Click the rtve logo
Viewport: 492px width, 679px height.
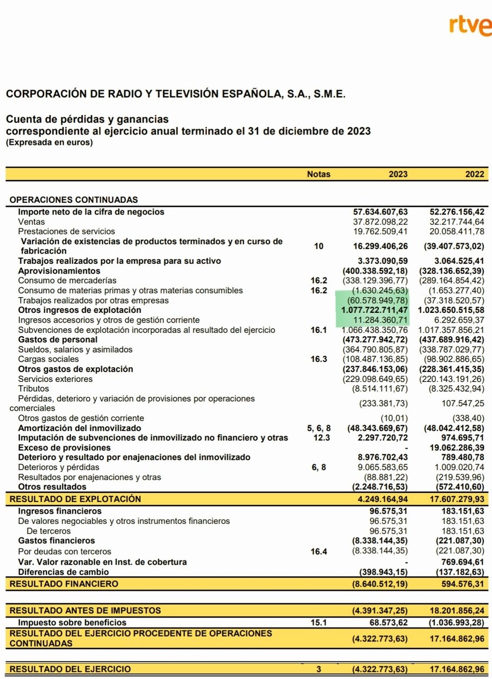(x=469, y=26)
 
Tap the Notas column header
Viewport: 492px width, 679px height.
(x=318, y=175)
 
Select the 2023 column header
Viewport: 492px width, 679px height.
(x=398, y=175)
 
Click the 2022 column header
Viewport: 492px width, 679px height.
(x=475, y=175)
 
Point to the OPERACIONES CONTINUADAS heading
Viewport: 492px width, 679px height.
(x=74, y=200)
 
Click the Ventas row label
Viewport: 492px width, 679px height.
(x=32, y=221)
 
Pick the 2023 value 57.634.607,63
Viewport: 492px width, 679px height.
(x=380, y=212)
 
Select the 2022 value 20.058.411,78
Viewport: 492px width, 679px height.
(x=457, y=231)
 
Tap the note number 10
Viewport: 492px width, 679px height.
(x=319, y=246)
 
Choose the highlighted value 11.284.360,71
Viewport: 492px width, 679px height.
(x=380, y=320)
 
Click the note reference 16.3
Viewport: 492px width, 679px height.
(x=319, y=359)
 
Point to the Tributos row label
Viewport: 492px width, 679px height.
(x=33, y=388)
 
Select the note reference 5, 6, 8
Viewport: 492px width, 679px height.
(x=319, y=428)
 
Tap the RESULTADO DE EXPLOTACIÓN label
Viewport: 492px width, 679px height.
(x=76, y=499)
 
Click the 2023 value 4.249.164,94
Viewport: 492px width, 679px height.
(x=383, y=499)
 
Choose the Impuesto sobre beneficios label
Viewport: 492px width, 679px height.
(x=72, y=622)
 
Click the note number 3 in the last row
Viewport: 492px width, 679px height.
(x=319, y=669)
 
